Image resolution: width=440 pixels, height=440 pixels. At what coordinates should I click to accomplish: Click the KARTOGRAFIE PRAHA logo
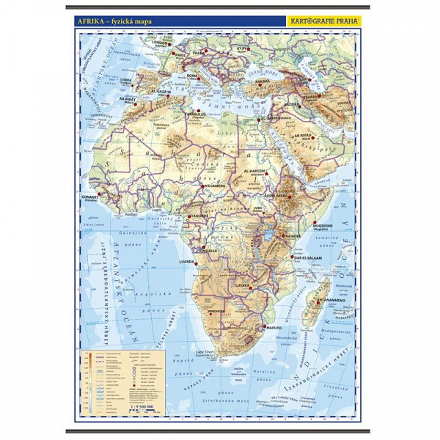point(323,22)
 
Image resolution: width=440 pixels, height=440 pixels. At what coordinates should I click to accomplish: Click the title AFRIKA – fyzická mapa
point(113,22)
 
